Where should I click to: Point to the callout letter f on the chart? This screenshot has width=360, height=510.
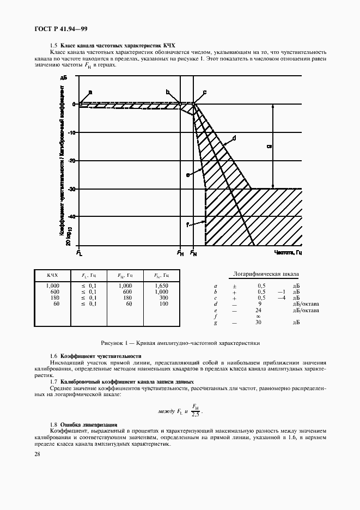click(x=187, y=224)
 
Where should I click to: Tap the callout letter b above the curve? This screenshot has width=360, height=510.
click(x=168, y=92)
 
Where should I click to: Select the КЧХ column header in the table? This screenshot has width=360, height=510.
click(x=52, y=276)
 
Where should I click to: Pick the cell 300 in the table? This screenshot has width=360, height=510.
click(x=163, y=298)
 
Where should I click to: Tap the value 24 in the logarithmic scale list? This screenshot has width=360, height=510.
click(x=258, y=310)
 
